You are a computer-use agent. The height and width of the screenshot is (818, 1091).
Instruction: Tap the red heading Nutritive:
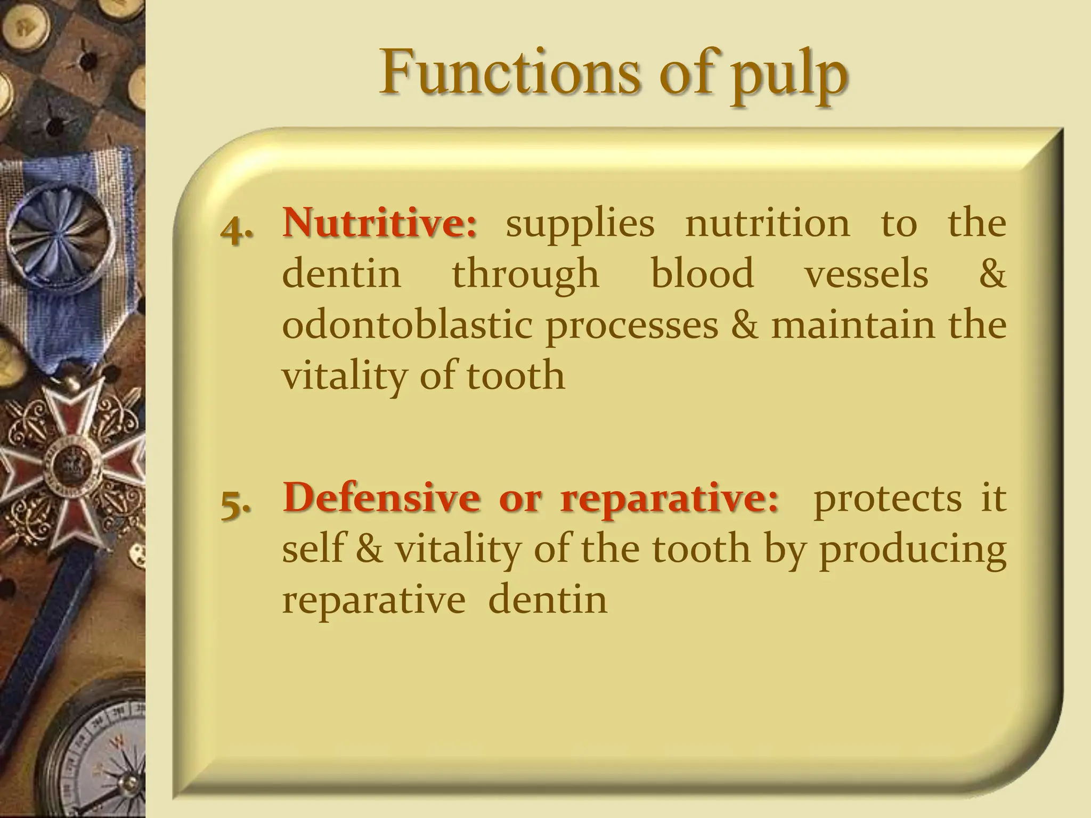click(x=380, y=223)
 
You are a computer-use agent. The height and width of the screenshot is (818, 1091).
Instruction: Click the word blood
click(x=702, y=273)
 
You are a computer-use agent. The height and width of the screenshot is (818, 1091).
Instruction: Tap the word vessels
click(x=866, y=273)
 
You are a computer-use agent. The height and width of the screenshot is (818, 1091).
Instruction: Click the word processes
click(x=632, y=325)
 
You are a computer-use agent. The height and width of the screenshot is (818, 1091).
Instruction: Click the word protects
click(x=888, y=498)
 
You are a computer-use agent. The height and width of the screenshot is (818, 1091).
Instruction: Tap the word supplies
click(x=580, y=224)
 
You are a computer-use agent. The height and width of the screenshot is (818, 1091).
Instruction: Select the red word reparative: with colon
click(x=669, y=498)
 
